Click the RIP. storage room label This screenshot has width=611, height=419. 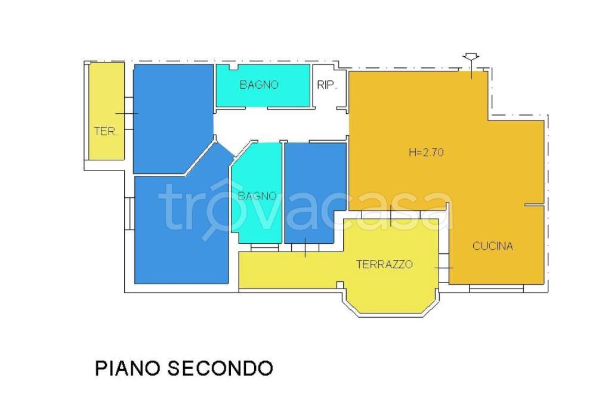327,85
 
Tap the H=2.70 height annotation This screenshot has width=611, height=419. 425,152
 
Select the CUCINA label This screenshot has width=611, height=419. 493,246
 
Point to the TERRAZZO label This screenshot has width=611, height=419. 384,265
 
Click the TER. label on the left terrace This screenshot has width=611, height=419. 106,132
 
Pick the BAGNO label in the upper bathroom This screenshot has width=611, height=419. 259,85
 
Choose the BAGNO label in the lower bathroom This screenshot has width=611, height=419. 257,195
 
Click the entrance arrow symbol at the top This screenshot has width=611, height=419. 471,58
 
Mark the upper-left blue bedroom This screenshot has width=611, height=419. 172,116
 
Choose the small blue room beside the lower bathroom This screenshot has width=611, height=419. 314,191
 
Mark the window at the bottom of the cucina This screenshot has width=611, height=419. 496,288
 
